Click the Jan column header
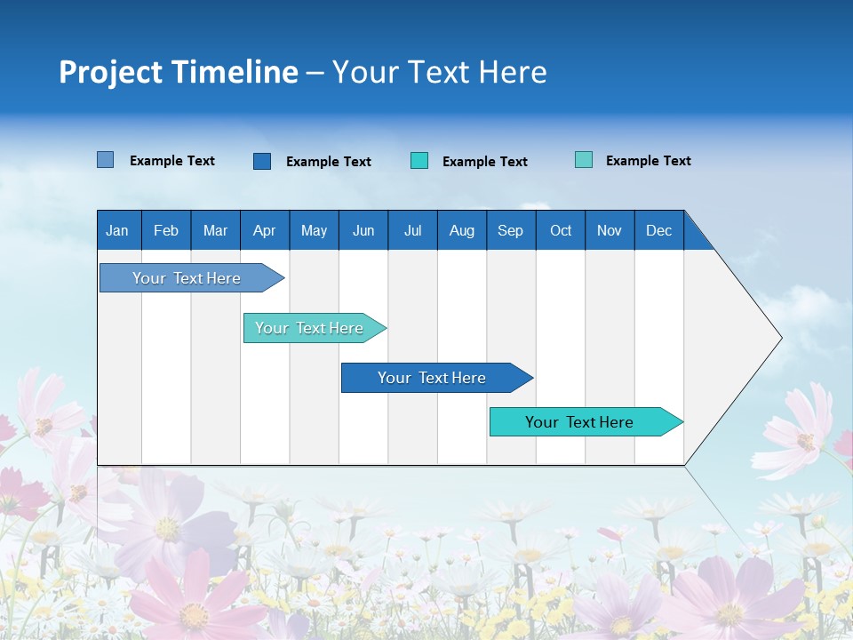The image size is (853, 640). click(x=118, y=230)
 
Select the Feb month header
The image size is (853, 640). click(x=166, y=230)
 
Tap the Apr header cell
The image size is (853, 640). click(x=265, y=230)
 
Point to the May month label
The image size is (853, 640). click(x=314, y=230)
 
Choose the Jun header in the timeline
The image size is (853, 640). click(x=363, y=230)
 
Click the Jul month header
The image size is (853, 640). click(x=412, y=230)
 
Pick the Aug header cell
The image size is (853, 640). click(x=462, y=230)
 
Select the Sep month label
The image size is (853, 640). click(x=511, y=230)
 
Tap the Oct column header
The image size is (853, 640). click(x=561, y=230)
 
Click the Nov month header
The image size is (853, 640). click(x=610, y=230)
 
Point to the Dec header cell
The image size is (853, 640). click(x=659, y=230)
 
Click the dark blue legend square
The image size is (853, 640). click(x=262, y=161)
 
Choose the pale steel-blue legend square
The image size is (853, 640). click(x=106, y=160)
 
